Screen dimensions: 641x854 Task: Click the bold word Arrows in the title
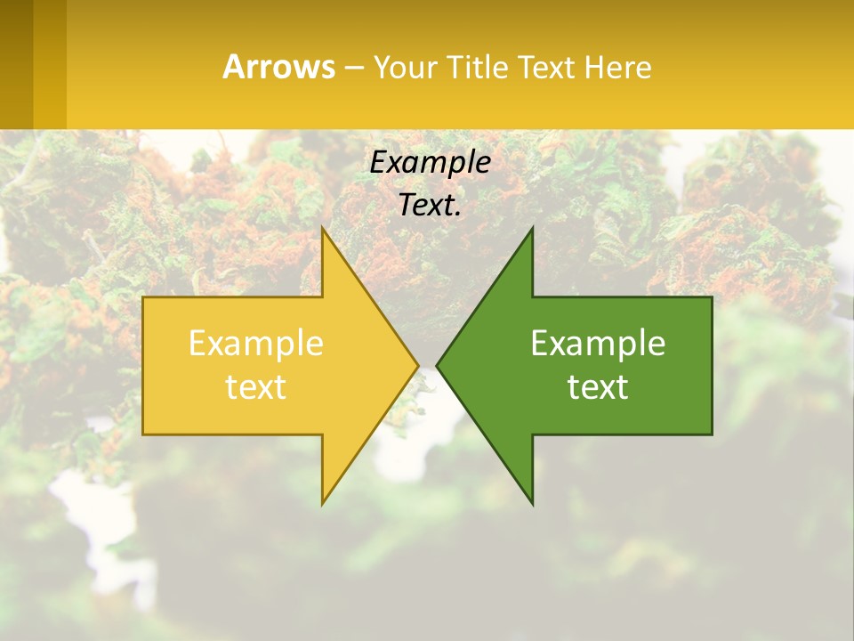278,67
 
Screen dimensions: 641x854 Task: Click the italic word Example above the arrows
430,163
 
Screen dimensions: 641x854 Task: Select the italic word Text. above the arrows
430,205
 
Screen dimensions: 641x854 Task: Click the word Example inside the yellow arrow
256,343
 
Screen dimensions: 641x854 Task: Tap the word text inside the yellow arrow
256,386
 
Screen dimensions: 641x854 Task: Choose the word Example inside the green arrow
598,343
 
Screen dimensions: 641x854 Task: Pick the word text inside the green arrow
598,386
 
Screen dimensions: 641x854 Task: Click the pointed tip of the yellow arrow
418,365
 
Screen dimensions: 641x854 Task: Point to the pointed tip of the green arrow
437,365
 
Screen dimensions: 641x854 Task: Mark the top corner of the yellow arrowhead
323,229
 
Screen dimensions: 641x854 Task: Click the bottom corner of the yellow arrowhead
323,503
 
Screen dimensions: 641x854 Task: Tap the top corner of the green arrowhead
532,229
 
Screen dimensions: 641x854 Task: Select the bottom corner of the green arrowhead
532,503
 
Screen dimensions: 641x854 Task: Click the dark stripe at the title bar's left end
16,64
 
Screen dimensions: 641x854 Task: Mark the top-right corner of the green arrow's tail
712,297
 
